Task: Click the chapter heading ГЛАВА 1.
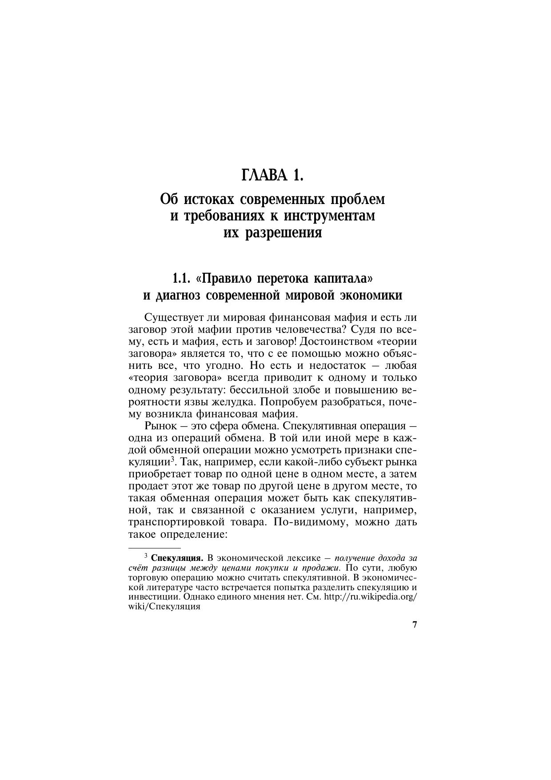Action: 272,176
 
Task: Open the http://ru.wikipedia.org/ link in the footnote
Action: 371,597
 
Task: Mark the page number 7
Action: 415,625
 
